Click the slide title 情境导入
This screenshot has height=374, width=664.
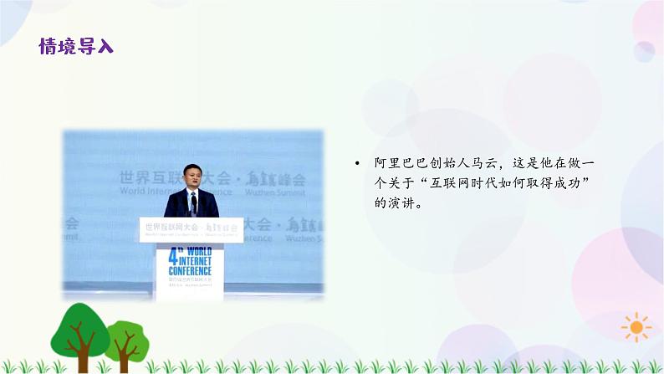(x=76, y=46)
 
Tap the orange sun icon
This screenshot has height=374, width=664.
(x=636, y=326)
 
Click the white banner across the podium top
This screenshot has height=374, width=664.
(x=192, y=228)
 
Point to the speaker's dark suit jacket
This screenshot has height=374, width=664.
(x=178, y=204)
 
